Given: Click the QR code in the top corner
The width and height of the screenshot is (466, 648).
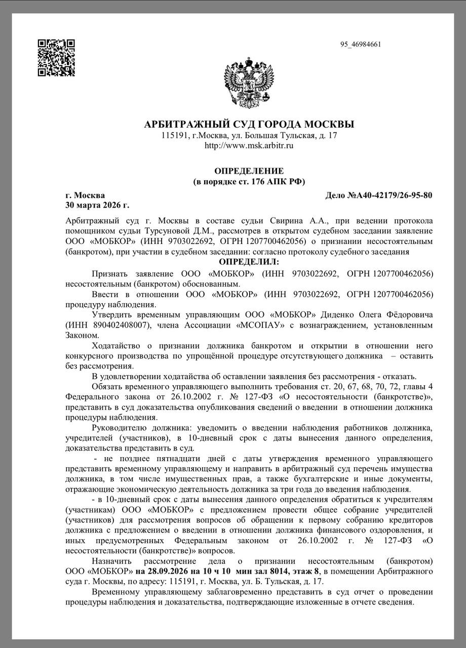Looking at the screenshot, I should [x=57, y=58].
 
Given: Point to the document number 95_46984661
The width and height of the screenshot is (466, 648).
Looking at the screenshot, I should [x=361, y=45].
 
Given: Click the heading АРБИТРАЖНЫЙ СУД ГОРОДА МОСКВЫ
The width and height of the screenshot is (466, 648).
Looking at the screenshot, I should [x=249, y=125].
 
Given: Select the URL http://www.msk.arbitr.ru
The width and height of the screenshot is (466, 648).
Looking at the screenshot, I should [x=249, y=146].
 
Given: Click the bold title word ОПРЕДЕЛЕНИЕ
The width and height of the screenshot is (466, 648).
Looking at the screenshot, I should [x=249, y=171].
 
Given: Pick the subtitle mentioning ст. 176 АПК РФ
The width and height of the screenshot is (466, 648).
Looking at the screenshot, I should [x=249, y=181].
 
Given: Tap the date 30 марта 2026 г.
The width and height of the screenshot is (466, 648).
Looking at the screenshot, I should [x=97, y=205].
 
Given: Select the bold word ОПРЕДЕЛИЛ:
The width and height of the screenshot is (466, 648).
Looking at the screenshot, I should [x=249, y=261].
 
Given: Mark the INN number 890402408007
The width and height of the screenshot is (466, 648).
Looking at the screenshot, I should [x=118, y=325].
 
